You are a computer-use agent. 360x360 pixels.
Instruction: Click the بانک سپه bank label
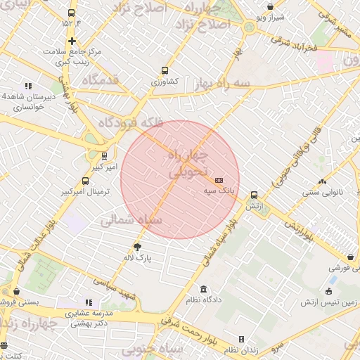point(219,191)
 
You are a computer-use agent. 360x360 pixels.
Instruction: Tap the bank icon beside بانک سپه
point(219,181)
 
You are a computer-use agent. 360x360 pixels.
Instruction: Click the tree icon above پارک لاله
point(137,247)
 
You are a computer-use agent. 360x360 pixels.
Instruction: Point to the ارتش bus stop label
point(254,206)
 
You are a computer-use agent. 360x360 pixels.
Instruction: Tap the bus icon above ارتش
point(254,195)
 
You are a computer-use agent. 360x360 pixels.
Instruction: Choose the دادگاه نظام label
point(204,300)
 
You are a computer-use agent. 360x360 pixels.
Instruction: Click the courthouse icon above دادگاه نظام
point(204,290)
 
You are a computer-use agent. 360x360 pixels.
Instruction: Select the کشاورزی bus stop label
point(165,82)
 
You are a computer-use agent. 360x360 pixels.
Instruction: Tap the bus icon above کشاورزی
point(165,70)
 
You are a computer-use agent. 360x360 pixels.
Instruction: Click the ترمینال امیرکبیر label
point(85,191)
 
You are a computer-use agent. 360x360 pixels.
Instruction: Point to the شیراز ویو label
point(270,16)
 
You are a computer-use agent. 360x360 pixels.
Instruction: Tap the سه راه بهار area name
point(224,83)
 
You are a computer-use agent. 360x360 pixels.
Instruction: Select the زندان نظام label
point(242,349)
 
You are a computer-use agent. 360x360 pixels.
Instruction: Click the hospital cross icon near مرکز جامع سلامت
point(72,41)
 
